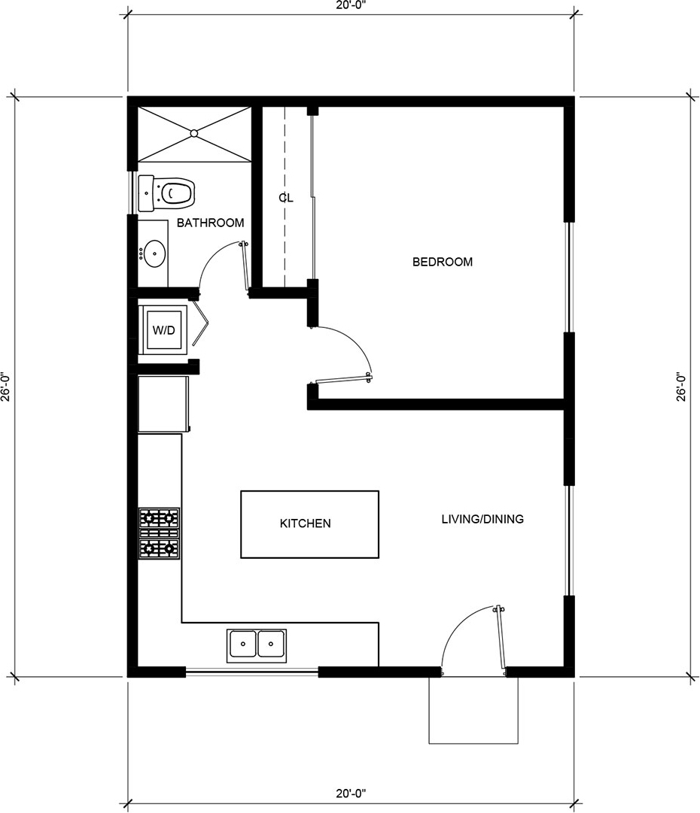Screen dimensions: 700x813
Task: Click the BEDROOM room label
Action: click(x=442, y=262)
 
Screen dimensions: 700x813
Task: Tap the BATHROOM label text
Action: click(x=210, y=223)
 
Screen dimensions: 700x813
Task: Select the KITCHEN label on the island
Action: click(x=305, y=523)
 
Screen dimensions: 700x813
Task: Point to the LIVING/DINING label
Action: click(x=482, y=519)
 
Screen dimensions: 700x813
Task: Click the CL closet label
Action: click(x=286, y=198)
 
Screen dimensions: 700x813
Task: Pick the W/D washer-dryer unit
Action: click(x=163, y=329)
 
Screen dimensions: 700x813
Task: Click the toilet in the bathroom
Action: click(x=166, y=193)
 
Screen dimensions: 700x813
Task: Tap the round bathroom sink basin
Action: click(x=154, y=253)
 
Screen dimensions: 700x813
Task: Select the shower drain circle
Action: click(x=194, y=133)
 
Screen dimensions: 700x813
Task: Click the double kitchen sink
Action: click(x=257, y=645)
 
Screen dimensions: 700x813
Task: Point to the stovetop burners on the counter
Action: click(x=160, y=533)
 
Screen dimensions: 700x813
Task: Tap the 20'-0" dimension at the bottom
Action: click(x=351, y=793)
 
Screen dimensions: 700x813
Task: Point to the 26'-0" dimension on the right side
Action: click(x=681, y=387)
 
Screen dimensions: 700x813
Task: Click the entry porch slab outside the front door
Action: click(x=473, y=710)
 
